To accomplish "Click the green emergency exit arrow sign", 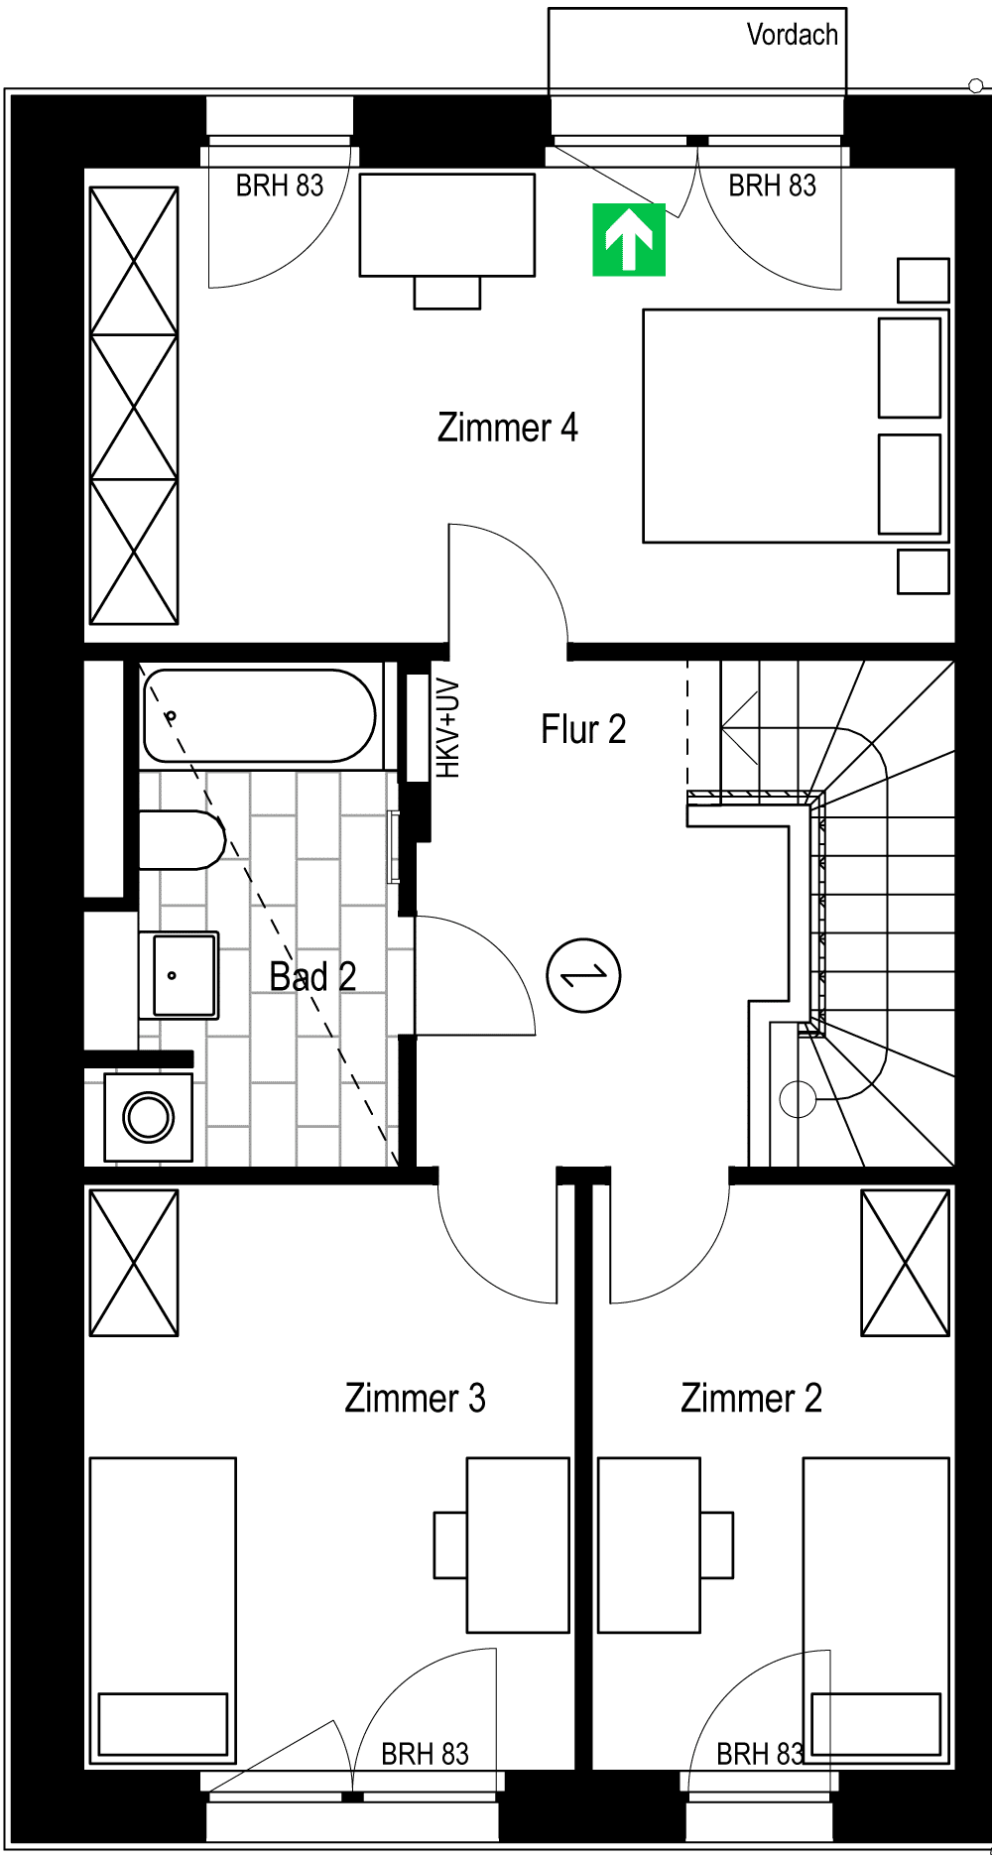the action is click(629, 239).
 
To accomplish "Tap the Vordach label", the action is click(792, 35).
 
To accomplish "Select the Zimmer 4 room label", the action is click(507, 428).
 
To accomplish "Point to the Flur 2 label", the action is click(583, 729).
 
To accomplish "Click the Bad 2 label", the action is click(312, 977).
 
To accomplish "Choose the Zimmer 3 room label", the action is click(415, 1398).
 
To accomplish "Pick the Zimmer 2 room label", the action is click(751, 1398).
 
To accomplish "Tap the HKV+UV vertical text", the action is click(448, 728).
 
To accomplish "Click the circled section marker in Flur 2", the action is click(584, 975).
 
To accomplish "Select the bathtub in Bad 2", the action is click(260, 716).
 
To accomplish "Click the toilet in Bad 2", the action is click(182, 840).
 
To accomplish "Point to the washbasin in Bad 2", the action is click(179, 975).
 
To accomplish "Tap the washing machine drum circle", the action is click(149, 1117).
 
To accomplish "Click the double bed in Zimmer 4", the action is click(796, 427).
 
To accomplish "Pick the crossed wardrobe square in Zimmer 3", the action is click(134, 1263).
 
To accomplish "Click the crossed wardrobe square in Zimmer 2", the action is click(906, 1263).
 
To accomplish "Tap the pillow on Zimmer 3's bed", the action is click(163, 1723).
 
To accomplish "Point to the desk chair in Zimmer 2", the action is click(717, 1545).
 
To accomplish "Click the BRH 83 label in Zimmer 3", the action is click(425, 1754).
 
